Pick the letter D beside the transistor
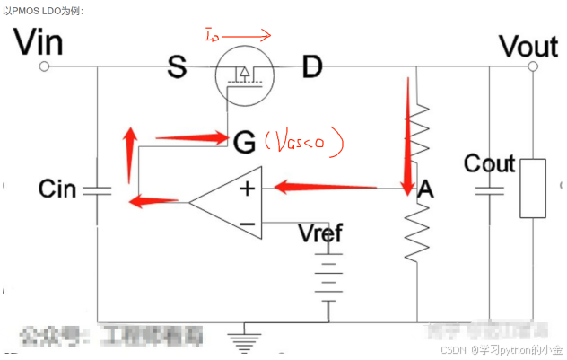(x=311, y=67)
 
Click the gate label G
(x=243, y=141)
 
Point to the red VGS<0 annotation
(x=306, y=142)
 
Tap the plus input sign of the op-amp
(x=246, y=189)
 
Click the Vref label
(x=320, y=235)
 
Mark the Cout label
(x=489, y=163)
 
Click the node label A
(x=426, y=189)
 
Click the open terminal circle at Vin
(x=43, y=66)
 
